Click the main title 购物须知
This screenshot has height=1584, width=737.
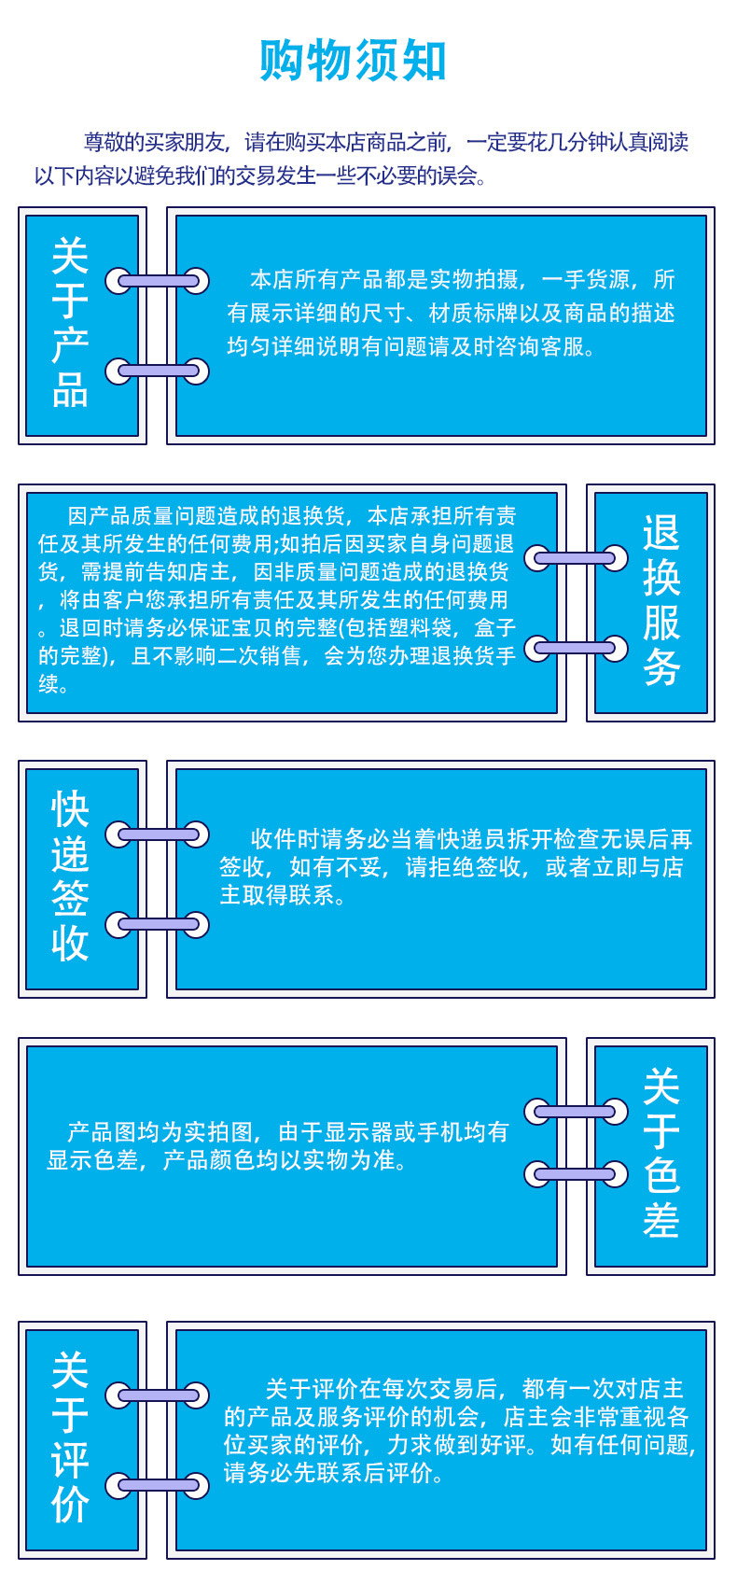point(354,62)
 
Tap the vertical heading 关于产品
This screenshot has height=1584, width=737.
point(70,323)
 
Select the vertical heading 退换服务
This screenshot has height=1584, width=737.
point(661,601)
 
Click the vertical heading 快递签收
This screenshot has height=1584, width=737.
point(70,876)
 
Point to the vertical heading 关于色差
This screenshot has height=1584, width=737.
point(661,1154)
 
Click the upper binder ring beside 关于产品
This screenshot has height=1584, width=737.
point(157,280)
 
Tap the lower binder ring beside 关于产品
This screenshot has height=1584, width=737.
point(157,371)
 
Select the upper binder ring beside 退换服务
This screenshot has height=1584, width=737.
point(576,558)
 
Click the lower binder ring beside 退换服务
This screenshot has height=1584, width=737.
point(576,648)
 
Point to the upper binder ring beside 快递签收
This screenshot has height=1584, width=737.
point(157,834)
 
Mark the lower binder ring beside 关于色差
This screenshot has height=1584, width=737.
point(576,1173)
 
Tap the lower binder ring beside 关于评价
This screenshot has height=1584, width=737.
point(157,1485)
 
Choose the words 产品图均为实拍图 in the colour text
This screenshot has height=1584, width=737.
point(160,1132)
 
